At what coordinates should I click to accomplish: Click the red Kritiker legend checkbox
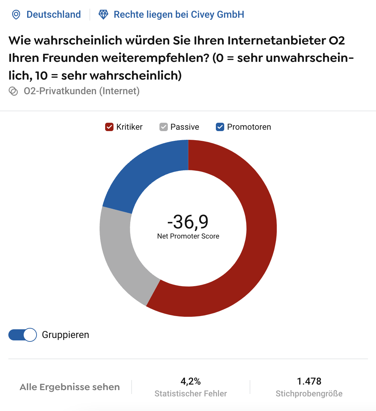(x=109, y=127)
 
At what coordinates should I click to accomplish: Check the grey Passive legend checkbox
(x=164, y=127)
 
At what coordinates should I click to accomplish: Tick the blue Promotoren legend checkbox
(x=220, y=127)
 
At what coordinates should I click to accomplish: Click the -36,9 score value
(x=188, y=222)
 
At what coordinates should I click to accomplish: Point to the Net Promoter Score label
(x=188, y=236)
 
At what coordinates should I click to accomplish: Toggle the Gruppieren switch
(x=23, y=335)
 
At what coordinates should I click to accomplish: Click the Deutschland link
(x=54, y=15)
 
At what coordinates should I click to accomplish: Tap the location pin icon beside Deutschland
(x=16, y=15)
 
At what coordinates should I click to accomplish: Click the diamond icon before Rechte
(x=103, y=15)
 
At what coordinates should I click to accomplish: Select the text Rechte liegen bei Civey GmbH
(x=179, y=15)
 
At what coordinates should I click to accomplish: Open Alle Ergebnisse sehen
(x=70, y=387)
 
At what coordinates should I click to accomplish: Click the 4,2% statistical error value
(x=191, y=381)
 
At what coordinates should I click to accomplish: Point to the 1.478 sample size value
(x=309, y=381)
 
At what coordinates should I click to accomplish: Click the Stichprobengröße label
(x=309, y=394)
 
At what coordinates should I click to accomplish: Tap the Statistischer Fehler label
(x=191, y=394)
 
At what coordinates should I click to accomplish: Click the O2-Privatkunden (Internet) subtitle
(x=81, y=91)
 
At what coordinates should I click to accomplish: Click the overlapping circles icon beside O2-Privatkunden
(x=13, y=91)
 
